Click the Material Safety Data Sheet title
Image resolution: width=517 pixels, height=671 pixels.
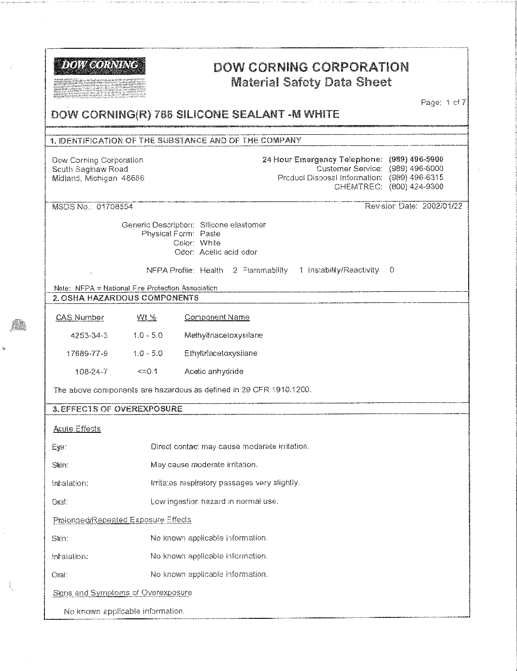(311, 82)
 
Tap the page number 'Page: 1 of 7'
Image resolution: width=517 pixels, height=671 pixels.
(443, 102)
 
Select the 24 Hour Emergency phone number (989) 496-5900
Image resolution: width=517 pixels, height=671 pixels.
(416, 159)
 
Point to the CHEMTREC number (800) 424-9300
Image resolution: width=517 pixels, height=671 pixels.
(416, 187)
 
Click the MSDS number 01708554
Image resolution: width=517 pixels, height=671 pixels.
(115, 207)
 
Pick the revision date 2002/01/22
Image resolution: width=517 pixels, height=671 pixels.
(442, 206)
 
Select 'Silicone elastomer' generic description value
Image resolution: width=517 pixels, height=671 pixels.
(233, 225)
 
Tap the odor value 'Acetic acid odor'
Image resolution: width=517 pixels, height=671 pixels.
(228, 252)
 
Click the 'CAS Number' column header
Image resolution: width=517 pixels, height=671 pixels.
(80, 317)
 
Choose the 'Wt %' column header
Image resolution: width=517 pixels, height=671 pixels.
(146, 317)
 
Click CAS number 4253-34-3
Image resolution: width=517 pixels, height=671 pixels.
(89, 335)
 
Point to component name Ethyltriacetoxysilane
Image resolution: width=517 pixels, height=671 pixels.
(221, 353)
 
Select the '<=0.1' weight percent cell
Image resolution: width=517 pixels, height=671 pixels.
(147, 371)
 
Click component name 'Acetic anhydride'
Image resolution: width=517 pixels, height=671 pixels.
(214, 371)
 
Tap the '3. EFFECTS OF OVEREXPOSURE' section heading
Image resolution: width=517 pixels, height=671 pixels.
(117, 409)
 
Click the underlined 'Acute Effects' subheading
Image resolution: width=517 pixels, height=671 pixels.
(77, 429)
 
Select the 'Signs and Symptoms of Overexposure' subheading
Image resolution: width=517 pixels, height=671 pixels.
(122, 593)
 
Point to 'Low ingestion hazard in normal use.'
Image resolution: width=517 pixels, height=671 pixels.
(215, 501)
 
